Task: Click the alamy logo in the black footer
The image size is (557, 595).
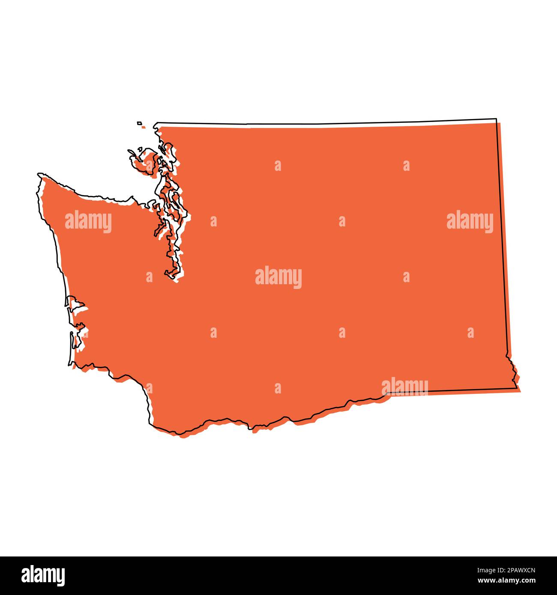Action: click(43, 575)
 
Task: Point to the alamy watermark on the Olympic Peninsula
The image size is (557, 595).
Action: click(88, 221)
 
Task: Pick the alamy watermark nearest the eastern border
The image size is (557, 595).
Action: click(470, 221)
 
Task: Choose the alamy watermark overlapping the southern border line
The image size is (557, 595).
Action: click(404, 386)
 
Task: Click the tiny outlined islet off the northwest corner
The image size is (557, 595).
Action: click(140, 124)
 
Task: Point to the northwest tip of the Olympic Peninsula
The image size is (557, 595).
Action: click(40, 174)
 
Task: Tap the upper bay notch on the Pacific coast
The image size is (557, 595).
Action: click(76, 304)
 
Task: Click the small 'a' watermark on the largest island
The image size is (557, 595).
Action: click(149, 166)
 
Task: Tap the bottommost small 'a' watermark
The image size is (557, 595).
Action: click(278, 388)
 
